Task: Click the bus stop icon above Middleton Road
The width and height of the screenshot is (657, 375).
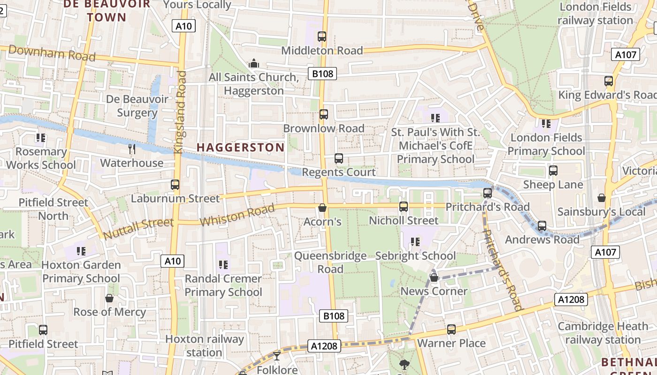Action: point(322,36)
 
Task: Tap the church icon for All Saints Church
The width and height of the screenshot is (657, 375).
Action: point(254,63)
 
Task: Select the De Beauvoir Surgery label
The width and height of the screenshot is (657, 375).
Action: point(137,106)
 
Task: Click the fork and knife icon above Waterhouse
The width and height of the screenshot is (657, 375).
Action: point(132,149)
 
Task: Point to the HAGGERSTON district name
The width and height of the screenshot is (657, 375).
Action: point(240,147)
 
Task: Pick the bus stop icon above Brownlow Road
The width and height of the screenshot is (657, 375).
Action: point(324,114)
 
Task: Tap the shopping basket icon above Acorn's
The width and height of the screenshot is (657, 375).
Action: point(322,207)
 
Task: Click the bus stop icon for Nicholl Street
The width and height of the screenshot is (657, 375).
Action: point(404,206)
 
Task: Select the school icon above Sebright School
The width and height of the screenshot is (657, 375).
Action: point(415,242)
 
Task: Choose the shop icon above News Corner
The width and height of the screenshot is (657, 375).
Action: point(434,277)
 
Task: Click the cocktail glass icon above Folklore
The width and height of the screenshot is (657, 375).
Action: point(277,356)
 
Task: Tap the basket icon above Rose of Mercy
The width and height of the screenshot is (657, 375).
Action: point(109,298)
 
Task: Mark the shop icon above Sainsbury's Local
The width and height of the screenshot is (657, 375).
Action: point(601,198)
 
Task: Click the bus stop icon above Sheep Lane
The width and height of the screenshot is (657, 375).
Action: point(553,171)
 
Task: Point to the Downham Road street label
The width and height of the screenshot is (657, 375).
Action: point(52,53)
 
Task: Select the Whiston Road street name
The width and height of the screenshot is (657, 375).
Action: point(237,215)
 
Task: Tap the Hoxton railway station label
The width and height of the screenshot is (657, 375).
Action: point(205,345)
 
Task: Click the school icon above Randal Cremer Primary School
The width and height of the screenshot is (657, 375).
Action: point(223,265)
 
